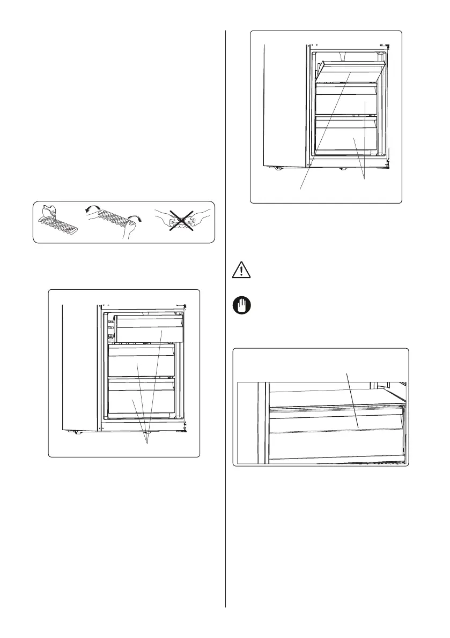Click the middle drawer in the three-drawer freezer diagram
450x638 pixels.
(142, 362)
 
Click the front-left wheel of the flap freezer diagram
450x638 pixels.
(277, 169)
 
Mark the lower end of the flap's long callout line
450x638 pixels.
(299, 189)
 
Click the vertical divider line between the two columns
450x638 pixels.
(226, 321)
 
